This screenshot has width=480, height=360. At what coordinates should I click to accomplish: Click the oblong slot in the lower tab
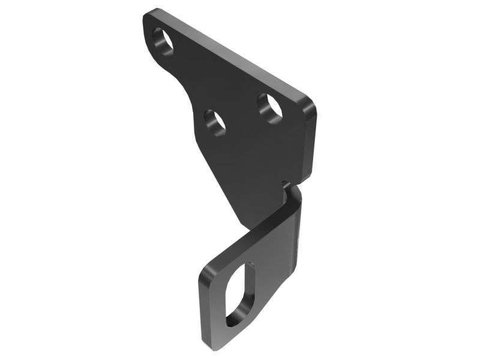point(241,294)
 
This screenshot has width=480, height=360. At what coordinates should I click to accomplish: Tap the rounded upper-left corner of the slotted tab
point(207,270)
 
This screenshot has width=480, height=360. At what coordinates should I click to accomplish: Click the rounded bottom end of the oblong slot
point(231,321)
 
